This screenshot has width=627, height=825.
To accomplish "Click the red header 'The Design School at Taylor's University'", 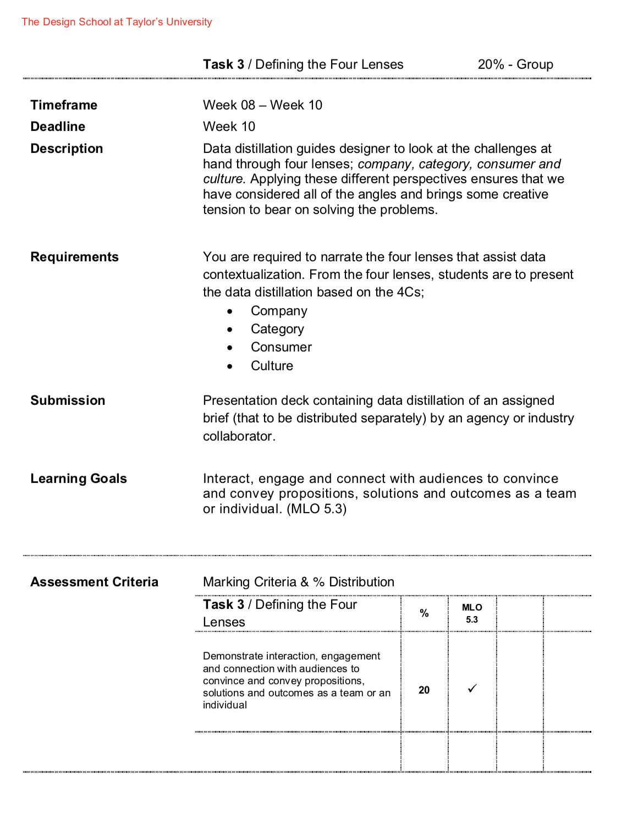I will pos(117,22).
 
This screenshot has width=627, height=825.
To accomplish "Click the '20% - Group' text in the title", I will pos(515,64).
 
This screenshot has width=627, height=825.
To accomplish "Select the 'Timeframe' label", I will pos(64,105).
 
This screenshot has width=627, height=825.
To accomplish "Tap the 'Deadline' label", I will pos(58,127).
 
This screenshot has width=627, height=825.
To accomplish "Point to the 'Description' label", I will pos(67,148).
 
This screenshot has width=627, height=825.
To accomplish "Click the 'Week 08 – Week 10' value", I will pos(262,105).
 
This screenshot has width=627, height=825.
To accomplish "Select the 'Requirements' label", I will pos(74,257).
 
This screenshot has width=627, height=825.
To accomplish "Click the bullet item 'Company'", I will pos(279,311).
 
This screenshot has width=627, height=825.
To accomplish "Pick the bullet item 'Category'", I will pos(277,329).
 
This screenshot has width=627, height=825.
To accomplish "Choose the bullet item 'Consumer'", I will pos(281,347).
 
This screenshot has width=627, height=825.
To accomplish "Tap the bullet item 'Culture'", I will pos(272,366).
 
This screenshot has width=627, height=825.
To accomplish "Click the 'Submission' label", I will pos(68,400).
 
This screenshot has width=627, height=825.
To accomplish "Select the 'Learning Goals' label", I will pos(79,479).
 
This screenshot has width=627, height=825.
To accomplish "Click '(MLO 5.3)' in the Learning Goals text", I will pos(317,509).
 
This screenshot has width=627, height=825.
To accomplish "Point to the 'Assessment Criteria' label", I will pos(94,582).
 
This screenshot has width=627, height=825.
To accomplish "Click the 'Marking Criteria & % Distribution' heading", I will pos(299,582).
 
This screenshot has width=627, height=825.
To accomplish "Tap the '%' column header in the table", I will pos(424,613).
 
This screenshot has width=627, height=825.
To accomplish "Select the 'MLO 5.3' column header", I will pos(472,613).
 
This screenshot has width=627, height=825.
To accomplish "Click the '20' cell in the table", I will pos(424,690).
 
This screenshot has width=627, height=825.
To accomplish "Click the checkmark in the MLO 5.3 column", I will pos(472,689).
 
